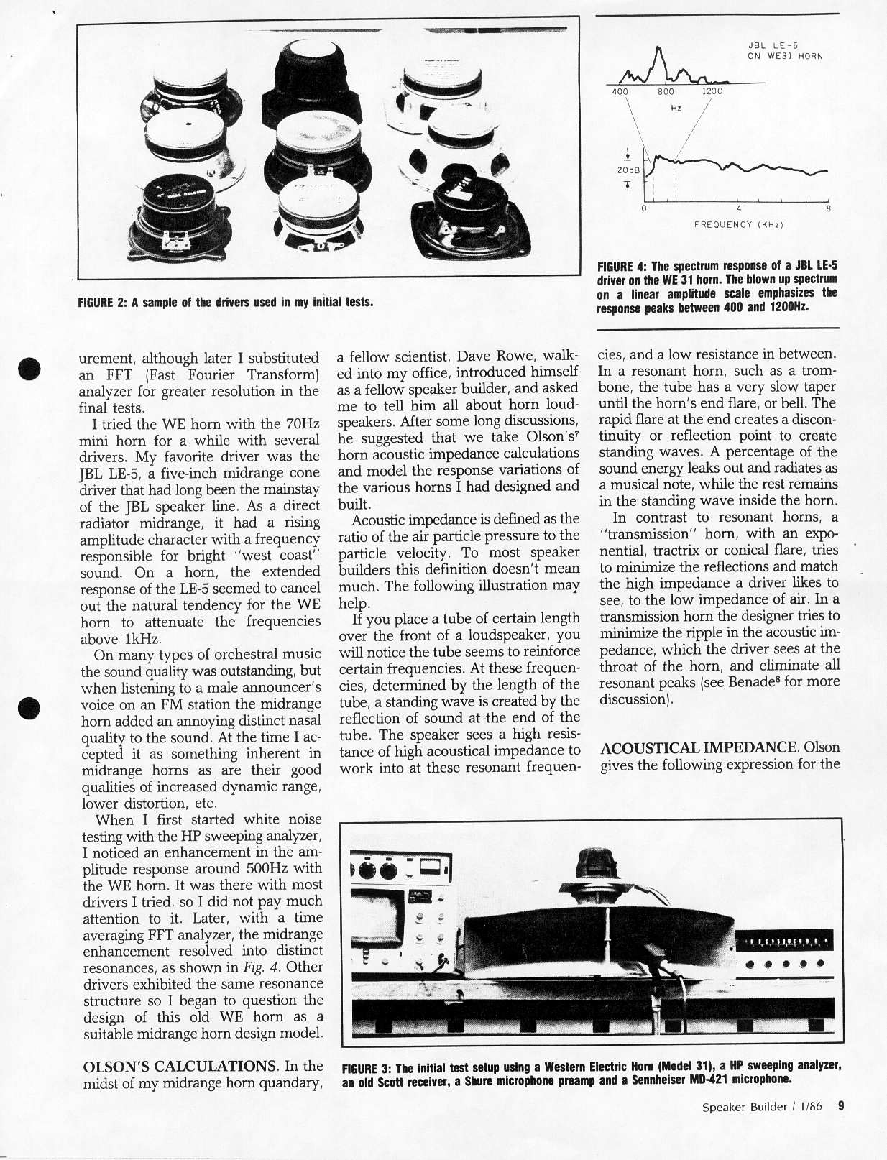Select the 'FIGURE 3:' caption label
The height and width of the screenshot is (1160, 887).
[x=367, y=1067]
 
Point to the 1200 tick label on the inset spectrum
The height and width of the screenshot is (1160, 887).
[x=712, y=92]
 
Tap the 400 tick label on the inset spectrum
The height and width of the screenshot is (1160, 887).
[x=620, y=92]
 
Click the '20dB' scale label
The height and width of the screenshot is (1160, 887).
[x=628, y=170]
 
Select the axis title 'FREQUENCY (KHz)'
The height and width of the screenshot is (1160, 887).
[x=738, y=225]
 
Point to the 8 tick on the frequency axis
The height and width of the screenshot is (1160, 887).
[x=829, y=209]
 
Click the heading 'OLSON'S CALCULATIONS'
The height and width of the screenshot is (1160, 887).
[x=180, y=1066]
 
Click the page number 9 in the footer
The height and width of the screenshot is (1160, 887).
[x=840, y=1106]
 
